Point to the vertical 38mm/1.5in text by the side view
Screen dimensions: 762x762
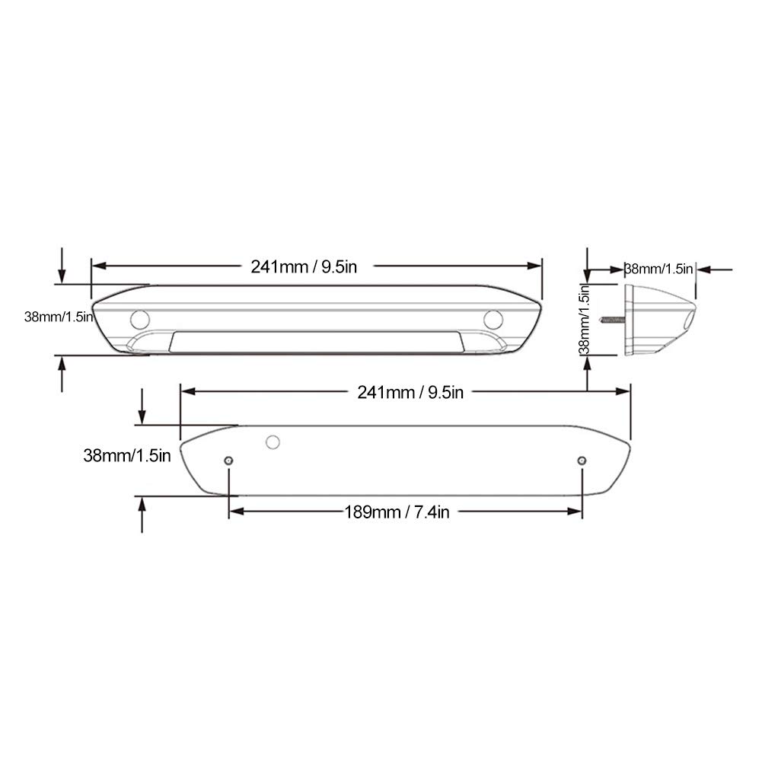point(584,320)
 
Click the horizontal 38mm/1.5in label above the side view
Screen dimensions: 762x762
point(658,269)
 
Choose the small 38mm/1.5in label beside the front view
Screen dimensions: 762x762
point(59,317)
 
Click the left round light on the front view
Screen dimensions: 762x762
point(139,320)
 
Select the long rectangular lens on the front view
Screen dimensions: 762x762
point(316,343)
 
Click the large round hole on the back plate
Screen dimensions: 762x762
point(272,442)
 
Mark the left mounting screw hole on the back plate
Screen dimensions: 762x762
point(229,461)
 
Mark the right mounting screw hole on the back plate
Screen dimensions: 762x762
point(582,461)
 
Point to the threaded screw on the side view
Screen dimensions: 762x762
point(612,319)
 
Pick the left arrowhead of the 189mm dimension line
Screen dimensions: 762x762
point(236,512)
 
